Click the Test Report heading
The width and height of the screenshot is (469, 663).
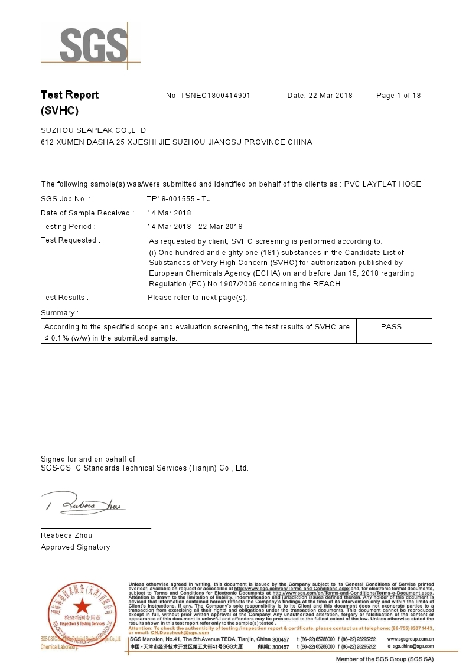click(69, 95)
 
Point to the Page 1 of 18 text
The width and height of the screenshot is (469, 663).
click(398, 96)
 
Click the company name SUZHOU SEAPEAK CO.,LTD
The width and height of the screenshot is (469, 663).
click(93, 130)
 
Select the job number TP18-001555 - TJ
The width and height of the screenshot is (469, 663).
click(179, 199)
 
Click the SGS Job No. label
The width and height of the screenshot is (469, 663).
click(66, 199)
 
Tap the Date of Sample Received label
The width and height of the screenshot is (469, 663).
click(87, 213)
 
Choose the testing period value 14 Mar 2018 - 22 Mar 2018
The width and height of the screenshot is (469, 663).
click(194, 227)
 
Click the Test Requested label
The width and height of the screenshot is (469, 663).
click(70, 240)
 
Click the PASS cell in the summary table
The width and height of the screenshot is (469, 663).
click(391, 327)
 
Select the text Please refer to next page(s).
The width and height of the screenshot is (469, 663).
click(197, 298)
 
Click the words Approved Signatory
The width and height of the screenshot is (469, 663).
click(75, 547)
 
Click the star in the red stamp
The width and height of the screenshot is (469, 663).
click(82, 606)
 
